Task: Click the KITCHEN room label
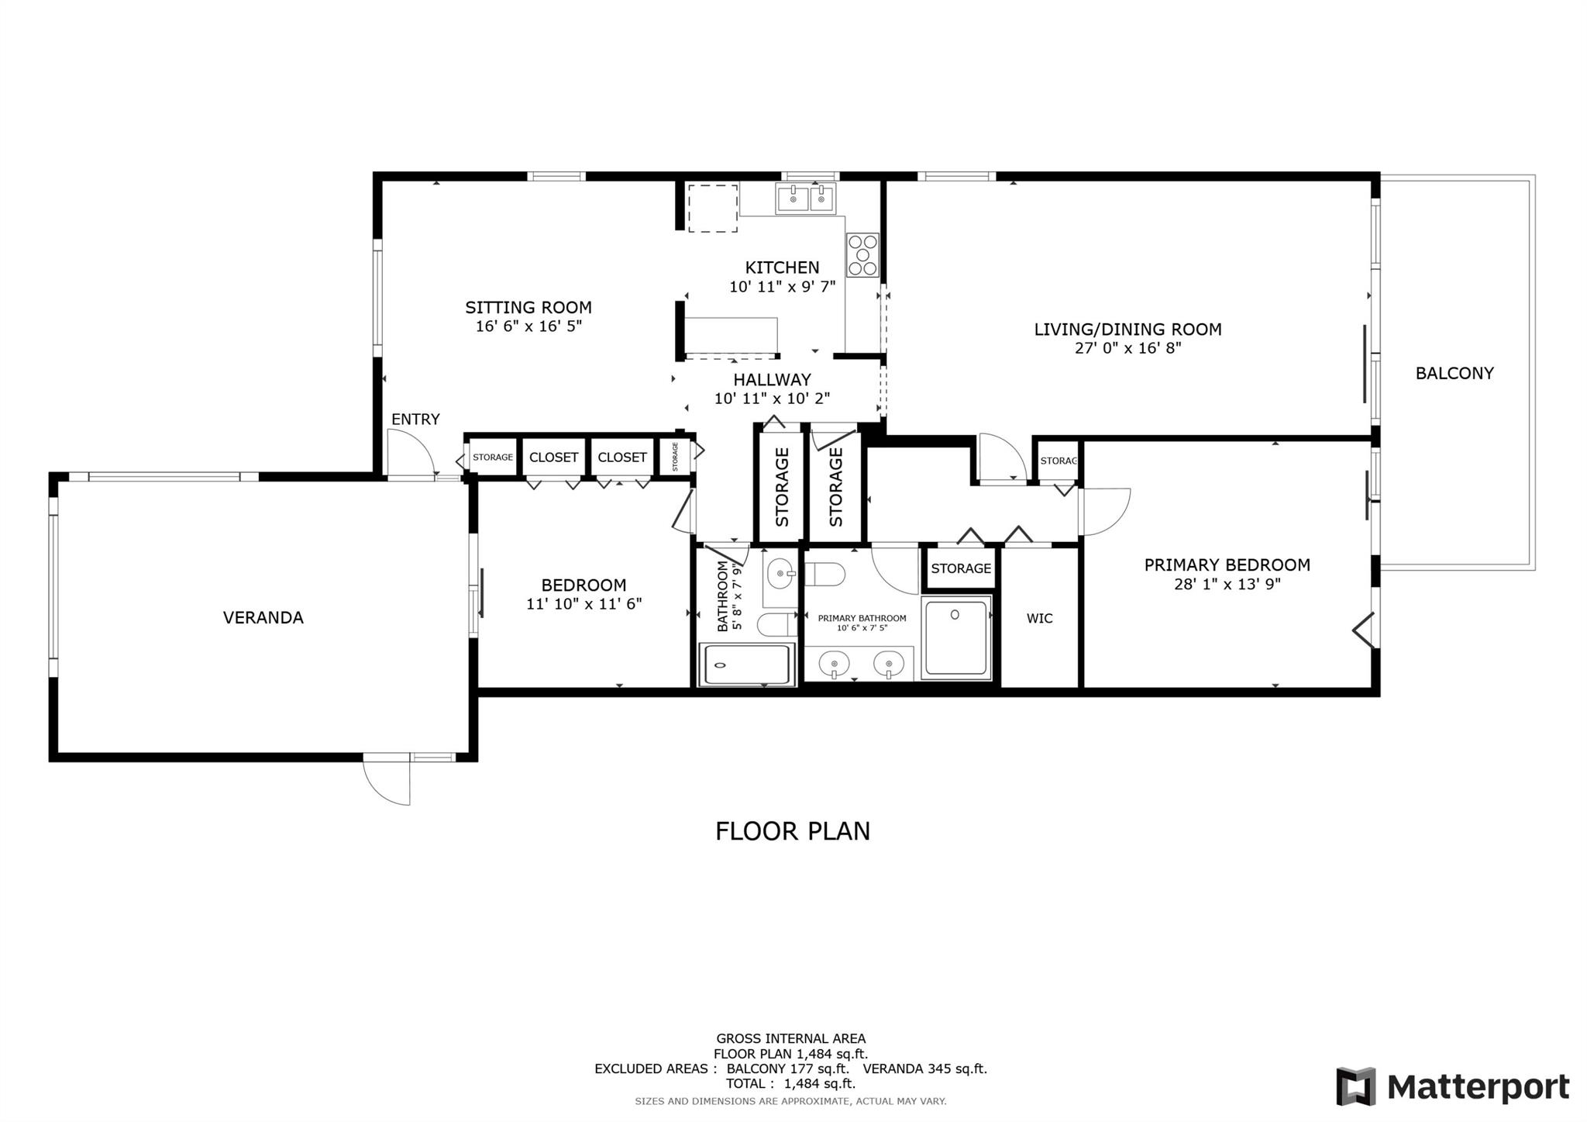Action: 782,268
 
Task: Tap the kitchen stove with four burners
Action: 862,255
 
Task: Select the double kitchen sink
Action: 806,199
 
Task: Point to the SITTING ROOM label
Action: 528,307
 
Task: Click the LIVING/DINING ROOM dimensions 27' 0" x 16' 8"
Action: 1127,348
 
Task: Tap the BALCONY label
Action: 1454,373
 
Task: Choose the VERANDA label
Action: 263,617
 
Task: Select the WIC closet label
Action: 1039,618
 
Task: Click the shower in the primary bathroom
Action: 956,637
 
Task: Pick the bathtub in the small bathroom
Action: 747,665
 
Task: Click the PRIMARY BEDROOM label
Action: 1227,565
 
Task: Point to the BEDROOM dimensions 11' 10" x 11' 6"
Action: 584,604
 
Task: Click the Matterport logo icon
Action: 1355,1086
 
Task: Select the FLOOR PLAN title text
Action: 793,831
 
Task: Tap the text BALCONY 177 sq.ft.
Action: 787,1068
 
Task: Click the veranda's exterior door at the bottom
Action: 387,781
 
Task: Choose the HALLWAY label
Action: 773,380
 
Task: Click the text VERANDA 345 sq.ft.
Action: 925,1068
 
